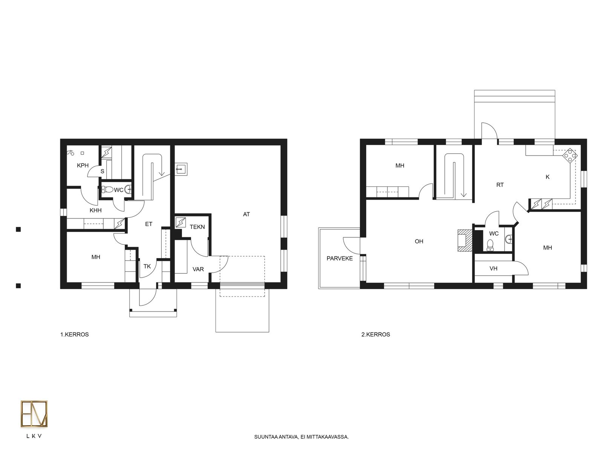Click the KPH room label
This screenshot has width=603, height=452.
click(83, 165)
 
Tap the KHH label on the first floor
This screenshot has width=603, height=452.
click(96, 211)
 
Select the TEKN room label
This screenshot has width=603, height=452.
click(197, 227)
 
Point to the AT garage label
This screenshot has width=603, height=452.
click(246, 214)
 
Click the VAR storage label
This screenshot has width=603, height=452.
click(198, 269)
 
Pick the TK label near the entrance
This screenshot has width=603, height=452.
click(147, 266)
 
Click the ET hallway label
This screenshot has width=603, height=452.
click(148, 224)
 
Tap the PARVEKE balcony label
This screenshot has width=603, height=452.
click(340, 258)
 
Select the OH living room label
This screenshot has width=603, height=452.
click(419, 241)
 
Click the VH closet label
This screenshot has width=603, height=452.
click(493, 269)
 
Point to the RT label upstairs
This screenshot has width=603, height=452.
click(500, 185)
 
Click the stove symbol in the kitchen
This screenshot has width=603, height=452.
click(570, 156)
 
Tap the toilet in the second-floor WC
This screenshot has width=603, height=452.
click(490, 245)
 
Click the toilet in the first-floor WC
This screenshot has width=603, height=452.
click(107, 189)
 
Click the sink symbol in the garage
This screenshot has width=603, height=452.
click(181, 169)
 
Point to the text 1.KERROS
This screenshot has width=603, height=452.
click(75, 334)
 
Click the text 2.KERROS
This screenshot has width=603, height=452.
click(375, 334)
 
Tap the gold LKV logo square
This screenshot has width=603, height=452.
click(34, 414)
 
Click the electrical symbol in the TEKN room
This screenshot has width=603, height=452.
click(181, 223)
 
